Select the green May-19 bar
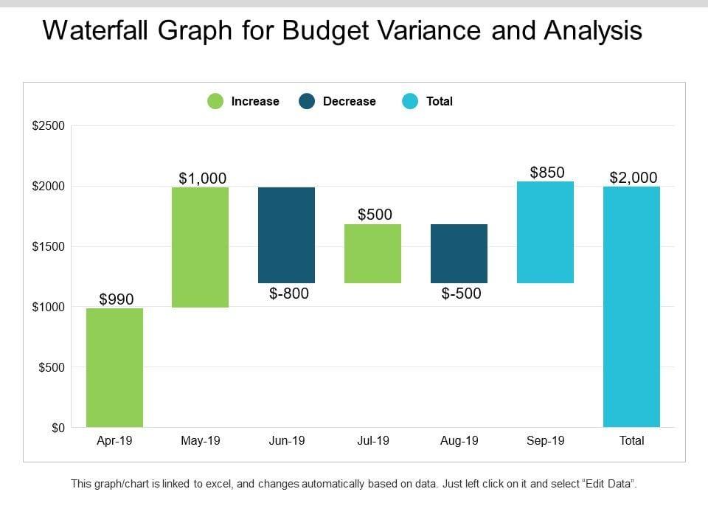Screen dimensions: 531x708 [201, 247]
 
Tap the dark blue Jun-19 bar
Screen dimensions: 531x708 [287, 235]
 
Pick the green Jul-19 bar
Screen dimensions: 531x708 [373, 253]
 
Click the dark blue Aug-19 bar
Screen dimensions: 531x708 [459, 253]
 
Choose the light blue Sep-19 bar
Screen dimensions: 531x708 [546, 232]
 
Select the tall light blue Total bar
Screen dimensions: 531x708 [631, 306]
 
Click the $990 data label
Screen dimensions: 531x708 [117, 299]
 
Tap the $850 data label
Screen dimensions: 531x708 [547, 173]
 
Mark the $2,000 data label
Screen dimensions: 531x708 [634, 178]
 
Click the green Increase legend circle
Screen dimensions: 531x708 [215, 102]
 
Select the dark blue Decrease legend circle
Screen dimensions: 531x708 [307, 102]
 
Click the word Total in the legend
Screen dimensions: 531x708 [440, 102]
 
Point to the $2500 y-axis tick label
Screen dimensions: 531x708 [49, 126]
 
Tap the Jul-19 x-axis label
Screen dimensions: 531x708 [373, 441]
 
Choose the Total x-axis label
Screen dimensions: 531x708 [631, 441]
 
